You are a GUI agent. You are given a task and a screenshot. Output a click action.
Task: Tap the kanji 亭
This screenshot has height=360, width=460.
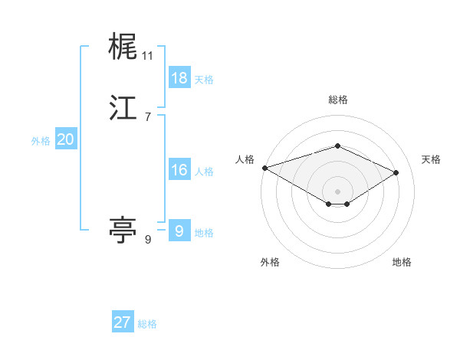point(123,229)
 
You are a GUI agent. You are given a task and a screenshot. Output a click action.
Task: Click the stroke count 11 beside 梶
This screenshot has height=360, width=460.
point(148,56)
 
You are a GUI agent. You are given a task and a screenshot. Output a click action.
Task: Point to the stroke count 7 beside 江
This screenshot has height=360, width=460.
point(148,117)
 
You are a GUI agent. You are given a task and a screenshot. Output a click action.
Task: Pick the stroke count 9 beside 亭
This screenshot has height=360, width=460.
point(148,240)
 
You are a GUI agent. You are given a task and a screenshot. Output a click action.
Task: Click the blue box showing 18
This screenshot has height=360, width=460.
point(179,78)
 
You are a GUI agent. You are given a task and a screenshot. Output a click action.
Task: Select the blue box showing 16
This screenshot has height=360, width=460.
point(179,170)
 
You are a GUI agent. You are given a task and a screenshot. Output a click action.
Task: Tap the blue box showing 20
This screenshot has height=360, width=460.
point(66,139)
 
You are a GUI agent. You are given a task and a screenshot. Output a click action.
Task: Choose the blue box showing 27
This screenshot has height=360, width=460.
point(123,322)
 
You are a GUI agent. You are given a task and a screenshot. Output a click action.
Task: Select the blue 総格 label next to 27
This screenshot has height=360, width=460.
point(147,324)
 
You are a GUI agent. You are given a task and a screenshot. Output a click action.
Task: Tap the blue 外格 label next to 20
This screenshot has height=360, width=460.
point(41,141)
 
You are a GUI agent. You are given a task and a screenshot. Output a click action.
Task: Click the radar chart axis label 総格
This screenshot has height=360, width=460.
point(338,100)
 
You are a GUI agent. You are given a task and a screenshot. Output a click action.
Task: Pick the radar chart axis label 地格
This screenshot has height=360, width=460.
point(402,263)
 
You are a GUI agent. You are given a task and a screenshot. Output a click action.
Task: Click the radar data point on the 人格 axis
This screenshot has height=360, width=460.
point(264,167)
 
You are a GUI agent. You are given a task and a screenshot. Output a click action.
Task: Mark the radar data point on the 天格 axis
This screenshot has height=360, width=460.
point(396,172)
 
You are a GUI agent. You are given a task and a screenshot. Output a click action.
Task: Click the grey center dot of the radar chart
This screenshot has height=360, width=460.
point(338,191)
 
